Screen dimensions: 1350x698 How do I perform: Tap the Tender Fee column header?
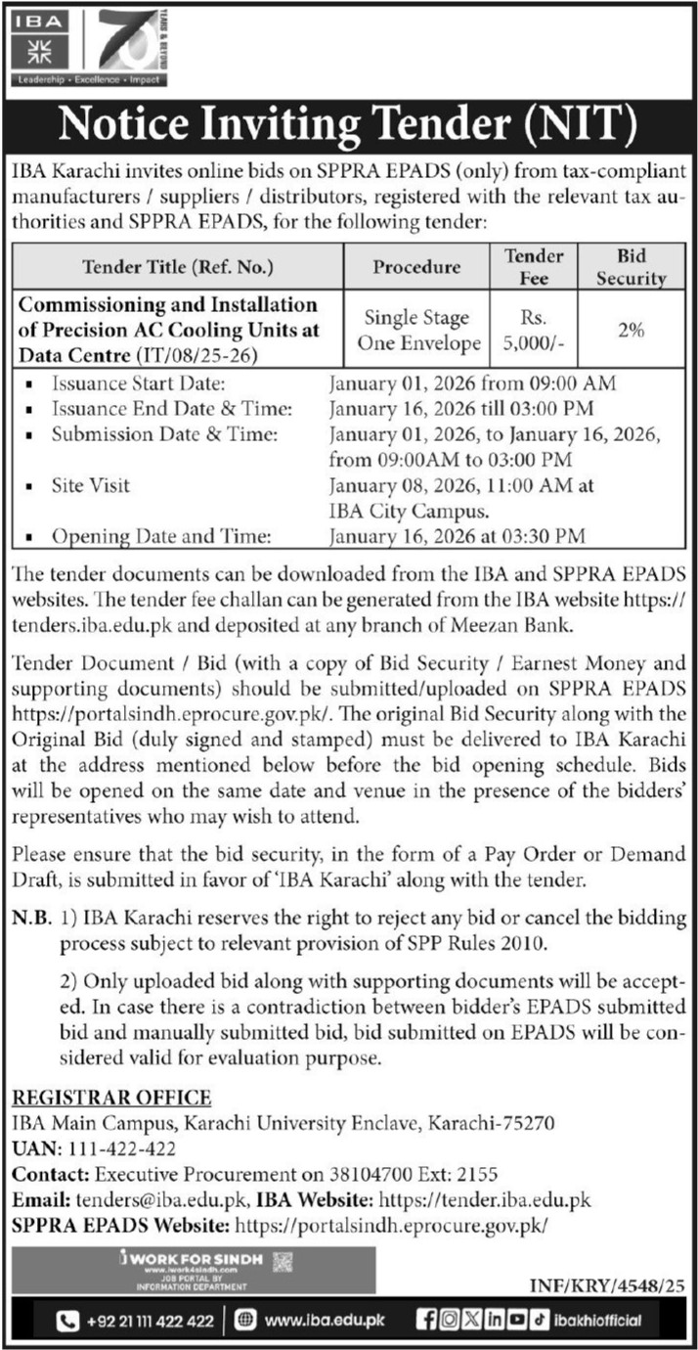coord(534,266)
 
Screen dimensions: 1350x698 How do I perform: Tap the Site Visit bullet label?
coord(90,485)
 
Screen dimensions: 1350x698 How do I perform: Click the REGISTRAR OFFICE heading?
coord(110,1097)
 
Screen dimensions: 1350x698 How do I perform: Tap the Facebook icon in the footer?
coord(426,1321)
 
